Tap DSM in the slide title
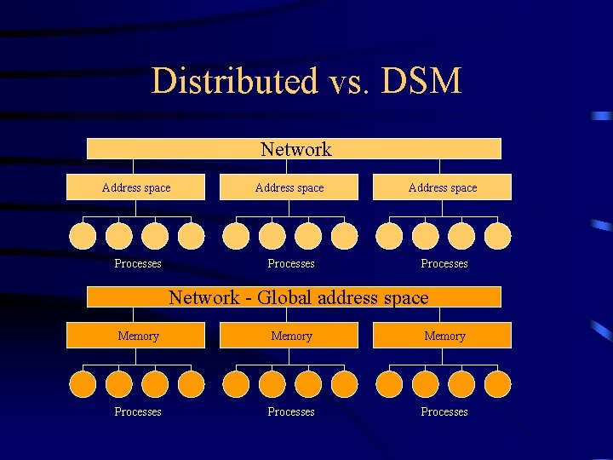pos(421,82)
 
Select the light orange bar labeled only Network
pos(295,149)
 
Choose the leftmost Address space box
pos(136,187)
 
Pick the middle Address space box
pos(289,187)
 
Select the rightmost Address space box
pos(443,187)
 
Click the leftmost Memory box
pos(137,336)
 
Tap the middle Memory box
pos(290,336)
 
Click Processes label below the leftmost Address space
pos(138,263)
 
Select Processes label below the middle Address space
pos(291,263)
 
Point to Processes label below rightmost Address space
pos(444,263)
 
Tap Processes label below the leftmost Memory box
pos(138,411)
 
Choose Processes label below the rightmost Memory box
pos(444,411)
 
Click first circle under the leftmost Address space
pos(83,236)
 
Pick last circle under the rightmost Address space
pos(498,236)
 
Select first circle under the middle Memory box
pos(236,384)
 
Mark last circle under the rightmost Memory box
pos(498,384)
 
